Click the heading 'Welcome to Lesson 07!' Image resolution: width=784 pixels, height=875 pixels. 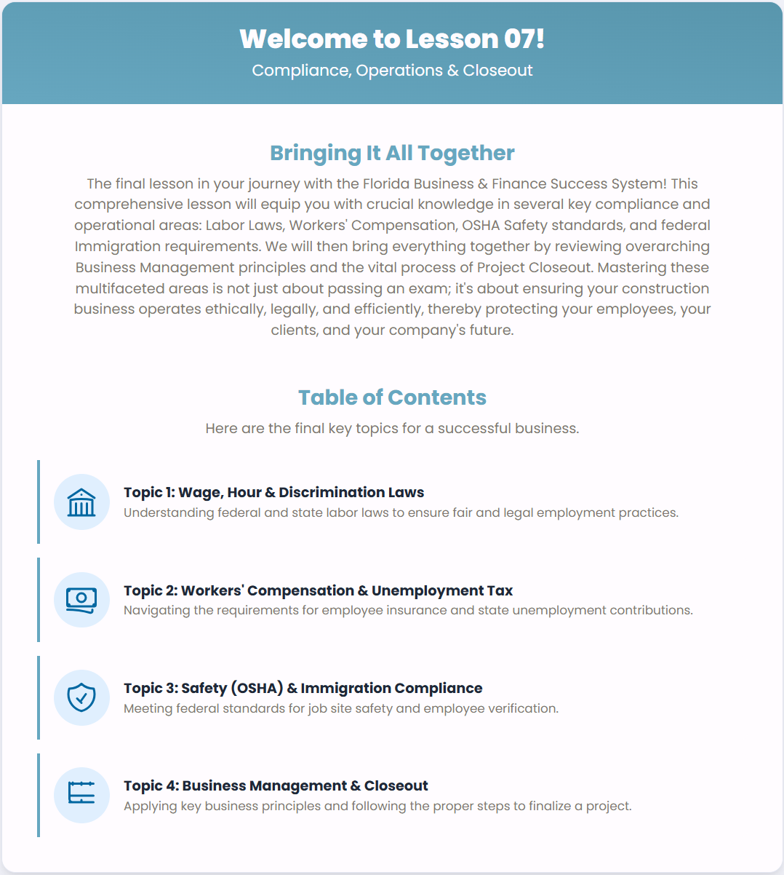coord(392,39)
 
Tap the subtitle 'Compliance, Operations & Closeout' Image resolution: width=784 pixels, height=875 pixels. coord(392,71)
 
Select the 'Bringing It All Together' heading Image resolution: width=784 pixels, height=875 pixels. coord(392,153)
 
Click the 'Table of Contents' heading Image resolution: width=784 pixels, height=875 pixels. coord(392,397)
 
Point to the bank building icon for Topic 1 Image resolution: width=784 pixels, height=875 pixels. coord(81,502)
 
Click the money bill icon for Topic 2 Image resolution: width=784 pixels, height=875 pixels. coord(81,600)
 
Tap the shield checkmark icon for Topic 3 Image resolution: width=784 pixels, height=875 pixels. coord(81,697)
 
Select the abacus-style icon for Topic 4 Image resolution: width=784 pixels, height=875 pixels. coord(81,795)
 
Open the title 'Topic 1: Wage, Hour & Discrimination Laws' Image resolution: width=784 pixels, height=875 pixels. coord(273,493)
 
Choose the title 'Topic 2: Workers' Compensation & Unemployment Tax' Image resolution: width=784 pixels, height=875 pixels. coord(318,590)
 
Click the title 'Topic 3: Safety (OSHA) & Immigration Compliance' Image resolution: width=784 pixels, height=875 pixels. coord(303,688)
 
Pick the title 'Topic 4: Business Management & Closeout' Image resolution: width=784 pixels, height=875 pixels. coord(276,785)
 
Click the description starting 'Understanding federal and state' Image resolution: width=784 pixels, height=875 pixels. coord(401,512)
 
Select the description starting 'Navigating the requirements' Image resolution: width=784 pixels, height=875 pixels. coord(408,610)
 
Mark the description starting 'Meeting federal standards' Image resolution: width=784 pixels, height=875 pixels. coord(341,708)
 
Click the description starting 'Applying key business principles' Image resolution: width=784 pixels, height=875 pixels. coord(377,806)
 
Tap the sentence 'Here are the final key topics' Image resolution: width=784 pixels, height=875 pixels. coord(392,429)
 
